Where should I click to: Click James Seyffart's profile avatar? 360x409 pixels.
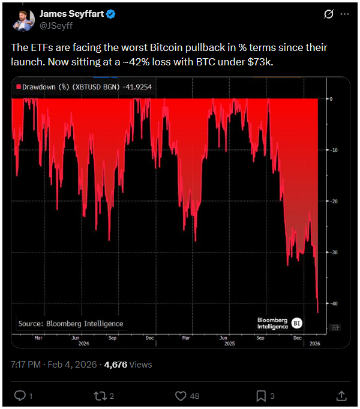click(x=23, y=19)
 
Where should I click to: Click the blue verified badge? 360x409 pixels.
click(x=111, y=14)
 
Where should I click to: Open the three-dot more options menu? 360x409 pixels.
click(x=344, y=14)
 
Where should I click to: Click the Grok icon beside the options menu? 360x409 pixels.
click(x=328, y=14)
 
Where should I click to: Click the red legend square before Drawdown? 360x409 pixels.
click(x=19, y=88)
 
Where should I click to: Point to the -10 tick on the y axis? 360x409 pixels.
click(x=334, y=150)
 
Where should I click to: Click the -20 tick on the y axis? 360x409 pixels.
click(x=334, y=202)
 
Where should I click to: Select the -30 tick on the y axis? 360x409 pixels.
click(x=334, y=252)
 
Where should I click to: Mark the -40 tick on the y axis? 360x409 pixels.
click(x=334, y=303)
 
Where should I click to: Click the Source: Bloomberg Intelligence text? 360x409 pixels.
click(x=71, y=324)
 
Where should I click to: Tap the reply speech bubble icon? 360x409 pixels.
click(x=19, y=396)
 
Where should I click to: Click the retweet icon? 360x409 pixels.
click(x=100, y=396)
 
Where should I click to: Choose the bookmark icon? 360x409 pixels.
click(x=261, y=396)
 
